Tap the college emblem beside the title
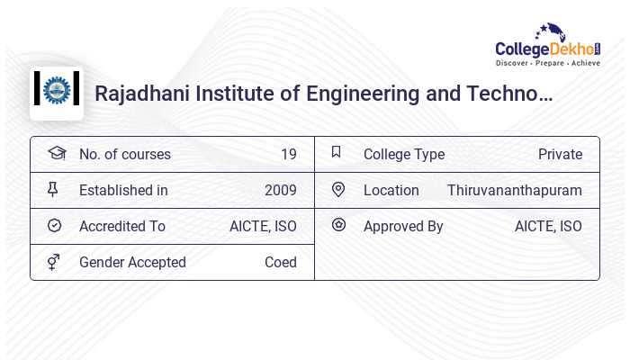point(57,91)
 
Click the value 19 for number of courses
point(288,155)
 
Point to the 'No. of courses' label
point(124,155)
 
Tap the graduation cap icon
point(55,153)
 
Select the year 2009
point(281,191)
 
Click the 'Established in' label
point(123,191)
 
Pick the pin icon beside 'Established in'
point(53,190)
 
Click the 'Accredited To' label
point(122,227)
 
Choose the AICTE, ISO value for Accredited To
point(263,227)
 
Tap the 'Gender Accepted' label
point(132,263)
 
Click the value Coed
point(281,263)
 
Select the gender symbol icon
point(54,262)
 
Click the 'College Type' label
point(404,155)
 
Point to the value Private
point(560,155)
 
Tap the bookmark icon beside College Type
point(337,152)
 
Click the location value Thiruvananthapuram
point(515,191)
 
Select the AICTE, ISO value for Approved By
point(548,227)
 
